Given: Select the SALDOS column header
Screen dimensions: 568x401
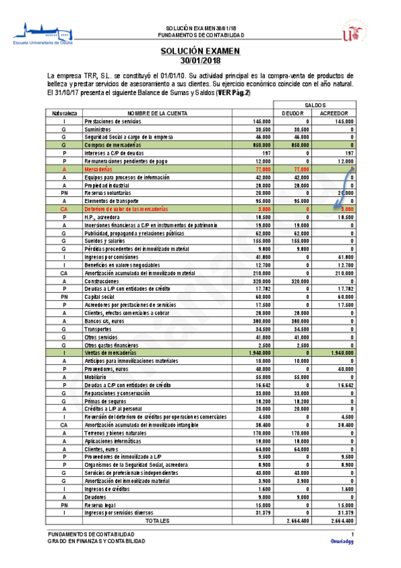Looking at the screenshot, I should [x=315, y=105].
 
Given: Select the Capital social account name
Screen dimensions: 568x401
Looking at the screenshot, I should [x=102, y=295].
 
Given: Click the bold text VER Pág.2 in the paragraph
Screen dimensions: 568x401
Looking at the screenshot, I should [x=232, y=93].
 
